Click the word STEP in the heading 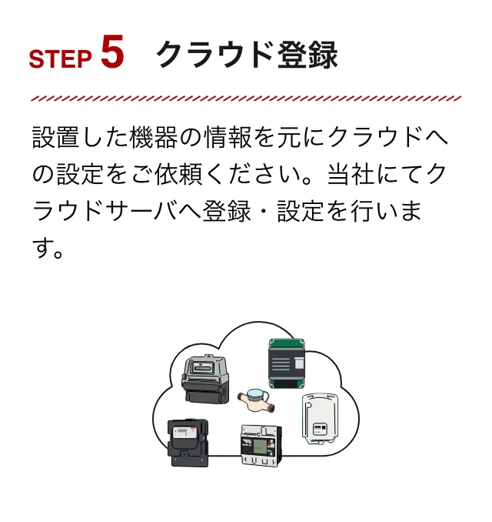point(60,60)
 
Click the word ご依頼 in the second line point(204,175)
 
